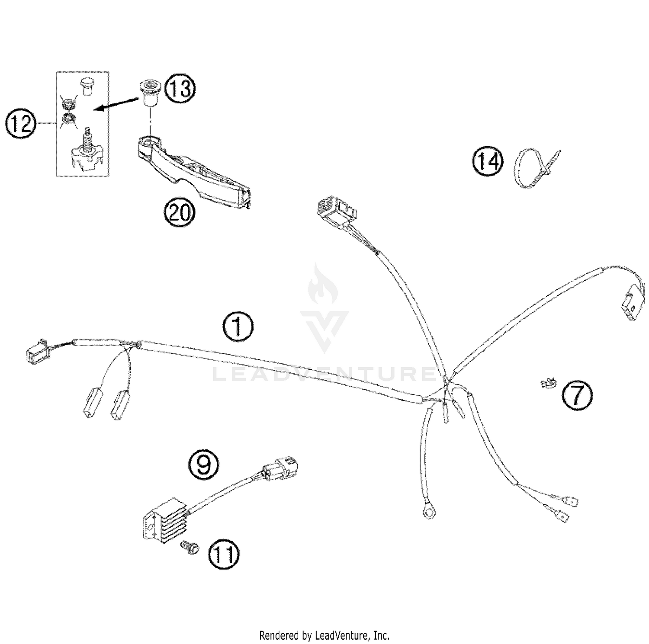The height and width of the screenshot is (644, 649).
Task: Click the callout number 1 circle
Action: tap(238, 327)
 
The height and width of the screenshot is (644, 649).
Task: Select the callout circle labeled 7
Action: tap(577, 395)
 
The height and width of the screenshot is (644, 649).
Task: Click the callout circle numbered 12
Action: tap(20, 124)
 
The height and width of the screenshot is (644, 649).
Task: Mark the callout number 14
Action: tap(488, 162)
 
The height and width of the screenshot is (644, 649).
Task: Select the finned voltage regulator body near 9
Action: tap(161, 525)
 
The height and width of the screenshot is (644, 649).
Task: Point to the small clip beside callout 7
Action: tap(549, 383)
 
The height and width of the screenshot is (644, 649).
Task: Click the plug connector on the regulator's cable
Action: tap(280, 470)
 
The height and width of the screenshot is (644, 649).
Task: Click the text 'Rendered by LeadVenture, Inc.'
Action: tap(324, 635)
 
